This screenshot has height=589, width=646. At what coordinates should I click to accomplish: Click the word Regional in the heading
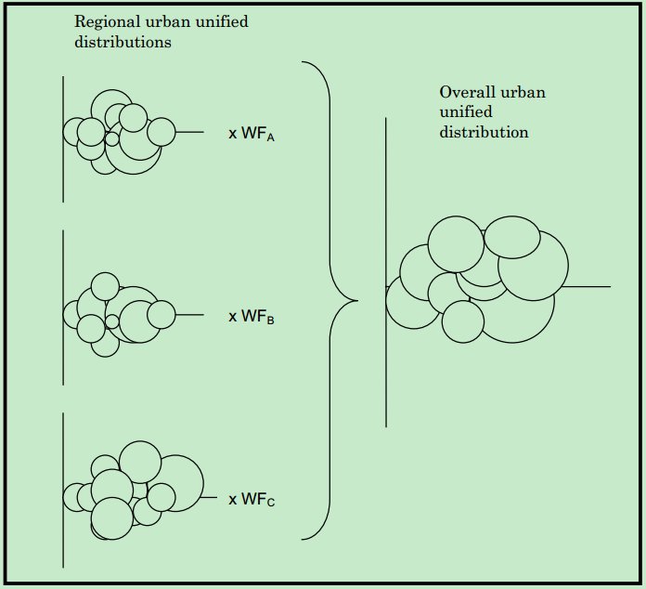103,21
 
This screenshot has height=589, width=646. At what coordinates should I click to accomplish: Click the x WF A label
252,134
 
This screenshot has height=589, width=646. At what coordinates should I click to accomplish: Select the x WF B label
252,317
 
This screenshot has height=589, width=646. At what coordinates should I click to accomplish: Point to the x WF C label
252,500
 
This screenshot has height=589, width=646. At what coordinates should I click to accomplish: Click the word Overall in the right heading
467,92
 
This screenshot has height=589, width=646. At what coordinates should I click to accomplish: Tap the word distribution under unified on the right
484,132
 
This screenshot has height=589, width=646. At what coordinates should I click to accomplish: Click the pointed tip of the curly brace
356,300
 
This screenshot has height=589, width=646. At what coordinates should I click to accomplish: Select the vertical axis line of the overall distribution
386,372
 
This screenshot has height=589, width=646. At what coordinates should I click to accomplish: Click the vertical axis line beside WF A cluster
63,177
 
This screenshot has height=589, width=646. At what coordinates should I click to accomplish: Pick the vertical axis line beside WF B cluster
63,362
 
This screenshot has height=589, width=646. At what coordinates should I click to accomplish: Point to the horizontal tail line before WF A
189,132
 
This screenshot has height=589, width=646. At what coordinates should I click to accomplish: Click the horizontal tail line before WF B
189,315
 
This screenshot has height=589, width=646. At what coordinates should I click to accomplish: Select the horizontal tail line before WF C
210,498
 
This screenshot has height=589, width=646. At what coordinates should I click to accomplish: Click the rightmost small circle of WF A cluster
161,132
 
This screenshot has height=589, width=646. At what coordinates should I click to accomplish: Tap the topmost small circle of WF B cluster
105,286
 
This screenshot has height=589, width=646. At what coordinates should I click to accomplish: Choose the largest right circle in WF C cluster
178,483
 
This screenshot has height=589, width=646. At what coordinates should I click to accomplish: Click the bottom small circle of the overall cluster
462,321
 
